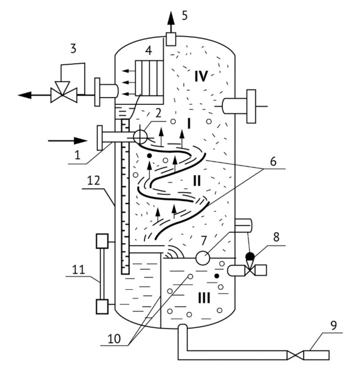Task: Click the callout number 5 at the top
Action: (185, 15)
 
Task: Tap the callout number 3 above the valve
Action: (73, 48)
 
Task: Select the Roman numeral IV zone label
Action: (201, 76)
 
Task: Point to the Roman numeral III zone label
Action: (204, 298)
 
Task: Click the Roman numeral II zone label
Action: (197, 181)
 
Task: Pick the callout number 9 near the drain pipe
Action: (334, 325)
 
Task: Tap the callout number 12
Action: (94, 180)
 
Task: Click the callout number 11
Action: (79, 270)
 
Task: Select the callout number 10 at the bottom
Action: (115, 339)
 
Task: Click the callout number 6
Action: (273, 161)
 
